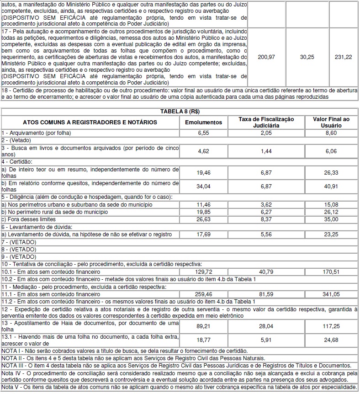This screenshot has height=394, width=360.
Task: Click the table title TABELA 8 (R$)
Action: [180, 112]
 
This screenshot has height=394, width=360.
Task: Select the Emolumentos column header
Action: [203, 122]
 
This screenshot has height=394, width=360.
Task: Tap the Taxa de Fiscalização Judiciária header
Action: [266, 122]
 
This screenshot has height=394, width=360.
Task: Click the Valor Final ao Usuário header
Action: [331, 122]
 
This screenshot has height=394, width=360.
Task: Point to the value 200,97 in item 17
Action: [266, 57]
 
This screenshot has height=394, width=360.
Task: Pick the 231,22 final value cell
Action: [343, 57]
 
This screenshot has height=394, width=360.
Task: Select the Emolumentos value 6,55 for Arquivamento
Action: [203, 132]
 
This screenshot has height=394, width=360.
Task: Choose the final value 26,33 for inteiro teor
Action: [331, 172]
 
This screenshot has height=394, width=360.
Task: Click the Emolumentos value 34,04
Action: [203, 186]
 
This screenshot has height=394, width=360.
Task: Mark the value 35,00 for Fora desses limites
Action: [331, 219]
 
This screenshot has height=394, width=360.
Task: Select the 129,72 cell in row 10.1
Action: [203, 272]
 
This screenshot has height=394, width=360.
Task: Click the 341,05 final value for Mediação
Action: [331, 295]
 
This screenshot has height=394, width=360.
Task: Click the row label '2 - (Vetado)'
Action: [16, 139]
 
